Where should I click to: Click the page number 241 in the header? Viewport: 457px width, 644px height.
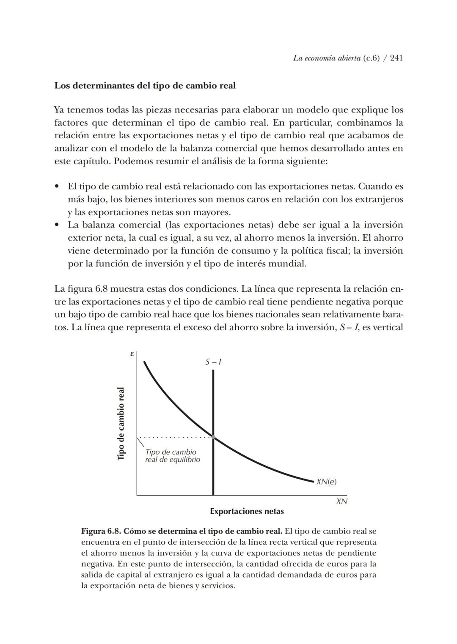click(x=396, y=58)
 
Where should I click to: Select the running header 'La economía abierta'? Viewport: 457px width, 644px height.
click(x=327, y=58)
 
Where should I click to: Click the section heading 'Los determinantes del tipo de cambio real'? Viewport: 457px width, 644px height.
click(x=145, y=85)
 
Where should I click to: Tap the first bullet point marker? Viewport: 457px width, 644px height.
click(x=57, y=186)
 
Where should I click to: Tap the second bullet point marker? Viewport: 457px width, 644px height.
click(x=57, y=225)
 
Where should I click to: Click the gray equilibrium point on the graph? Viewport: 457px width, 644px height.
click(x=213, y=437)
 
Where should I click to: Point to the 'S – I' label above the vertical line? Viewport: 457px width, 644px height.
click(x=213, y=362)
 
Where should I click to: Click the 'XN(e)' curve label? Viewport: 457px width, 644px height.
click(x=326, y=482)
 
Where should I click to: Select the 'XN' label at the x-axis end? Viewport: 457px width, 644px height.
click(x=341, y=501)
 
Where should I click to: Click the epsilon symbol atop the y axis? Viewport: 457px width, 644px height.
click(x=132, y=354)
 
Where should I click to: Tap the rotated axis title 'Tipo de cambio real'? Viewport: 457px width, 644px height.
click(x=121, y=423)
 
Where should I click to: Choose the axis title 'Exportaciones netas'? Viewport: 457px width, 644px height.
click(x=247, y=511)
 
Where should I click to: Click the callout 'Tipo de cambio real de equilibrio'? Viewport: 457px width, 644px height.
click(x=172, y=456)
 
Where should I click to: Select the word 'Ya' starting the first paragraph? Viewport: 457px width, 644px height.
click(x=59, y=110)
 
